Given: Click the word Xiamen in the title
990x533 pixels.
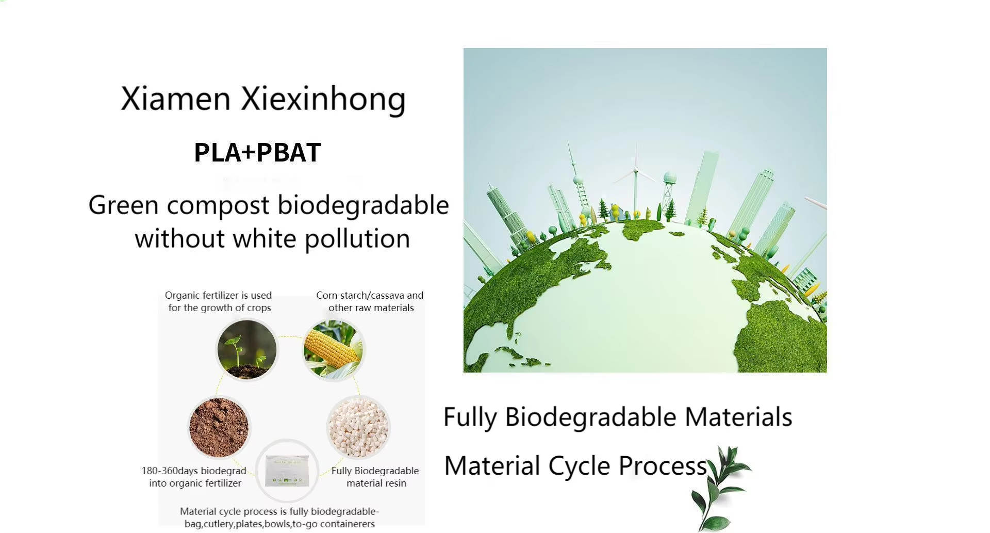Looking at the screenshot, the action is coord(175,99).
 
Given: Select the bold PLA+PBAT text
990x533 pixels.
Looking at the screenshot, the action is coord(257,153).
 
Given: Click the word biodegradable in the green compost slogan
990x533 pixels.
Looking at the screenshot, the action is coord(363,205).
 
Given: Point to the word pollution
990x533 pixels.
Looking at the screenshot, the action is coord(357,239).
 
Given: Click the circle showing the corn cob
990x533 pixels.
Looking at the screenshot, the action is coord(334,350).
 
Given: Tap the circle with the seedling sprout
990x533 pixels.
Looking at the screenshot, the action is coord(246,350).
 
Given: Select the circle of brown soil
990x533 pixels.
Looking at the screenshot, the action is coord(219,427).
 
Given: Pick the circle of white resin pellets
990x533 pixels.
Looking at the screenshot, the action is coord(358,427).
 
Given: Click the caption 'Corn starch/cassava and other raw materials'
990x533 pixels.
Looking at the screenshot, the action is coord(370,301).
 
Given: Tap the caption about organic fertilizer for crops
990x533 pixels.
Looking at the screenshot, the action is coord(219,301).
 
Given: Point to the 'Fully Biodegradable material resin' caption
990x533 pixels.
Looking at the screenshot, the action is coord(375,477).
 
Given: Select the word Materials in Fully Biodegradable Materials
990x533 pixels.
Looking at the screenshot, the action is coord(738,417).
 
